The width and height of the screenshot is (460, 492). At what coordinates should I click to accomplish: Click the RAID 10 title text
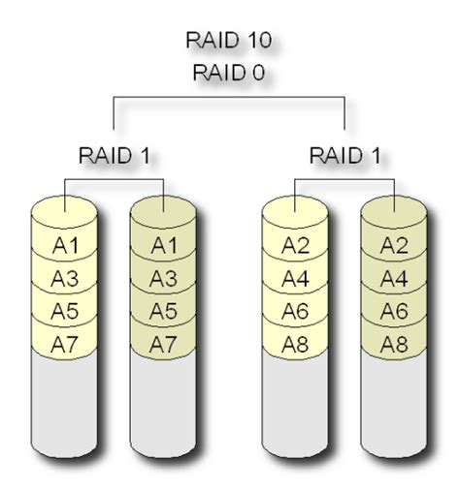229,40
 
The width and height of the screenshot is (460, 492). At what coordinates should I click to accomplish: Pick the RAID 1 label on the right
345,154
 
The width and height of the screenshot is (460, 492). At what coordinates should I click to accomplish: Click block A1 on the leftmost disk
64,244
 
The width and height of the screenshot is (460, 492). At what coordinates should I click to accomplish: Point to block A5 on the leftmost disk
64,311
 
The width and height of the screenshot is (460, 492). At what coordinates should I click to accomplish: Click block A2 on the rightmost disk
394,244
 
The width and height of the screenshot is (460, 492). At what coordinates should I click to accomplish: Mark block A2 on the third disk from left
296,244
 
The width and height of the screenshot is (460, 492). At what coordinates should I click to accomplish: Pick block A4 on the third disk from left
296,278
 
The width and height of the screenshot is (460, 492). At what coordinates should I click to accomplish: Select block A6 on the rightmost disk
394,311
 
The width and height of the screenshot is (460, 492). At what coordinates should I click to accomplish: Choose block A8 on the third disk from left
296,344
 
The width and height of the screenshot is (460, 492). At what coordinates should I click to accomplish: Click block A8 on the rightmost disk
394,344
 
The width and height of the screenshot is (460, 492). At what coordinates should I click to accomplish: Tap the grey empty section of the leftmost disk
64,407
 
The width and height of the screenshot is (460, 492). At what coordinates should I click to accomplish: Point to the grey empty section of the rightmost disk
394,407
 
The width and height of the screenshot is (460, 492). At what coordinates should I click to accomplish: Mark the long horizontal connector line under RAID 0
229,97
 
